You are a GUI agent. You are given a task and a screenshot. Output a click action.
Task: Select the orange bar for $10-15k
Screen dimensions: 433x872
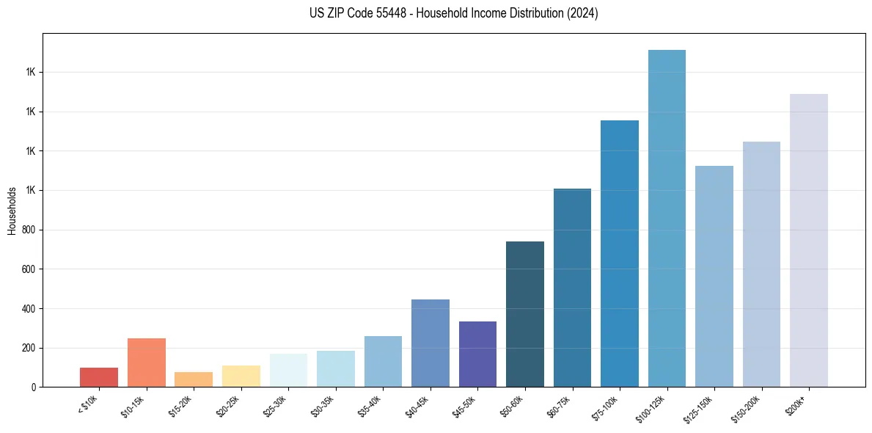pos(147,363)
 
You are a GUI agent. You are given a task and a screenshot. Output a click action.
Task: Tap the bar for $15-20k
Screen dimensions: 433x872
pos(194,379)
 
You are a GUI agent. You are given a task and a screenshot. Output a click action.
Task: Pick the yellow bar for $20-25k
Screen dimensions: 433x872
pos(241,376)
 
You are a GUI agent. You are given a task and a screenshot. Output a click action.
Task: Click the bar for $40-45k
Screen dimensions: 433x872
pos(430,343)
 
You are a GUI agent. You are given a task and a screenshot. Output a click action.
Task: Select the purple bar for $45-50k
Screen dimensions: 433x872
pos(477,354)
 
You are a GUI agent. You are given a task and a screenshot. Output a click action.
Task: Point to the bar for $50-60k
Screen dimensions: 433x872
pos(525,314)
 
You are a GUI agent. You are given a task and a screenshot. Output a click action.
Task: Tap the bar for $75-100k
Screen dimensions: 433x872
pos(620,253)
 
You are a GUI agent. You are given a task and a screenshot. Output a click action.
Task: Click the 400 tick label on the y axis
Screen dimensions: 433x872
pos(30,308)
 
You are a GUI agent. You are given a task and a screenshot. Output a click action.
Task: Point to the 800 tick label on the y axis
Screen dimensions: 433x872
pos(30,230)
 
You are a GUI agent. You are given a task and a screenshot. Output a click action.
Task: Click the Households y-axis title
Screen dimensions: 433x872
pos(12,210)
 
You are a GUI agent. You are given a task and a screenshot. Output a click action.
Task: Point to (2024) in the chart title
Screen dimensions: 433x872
pos(582,13)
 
